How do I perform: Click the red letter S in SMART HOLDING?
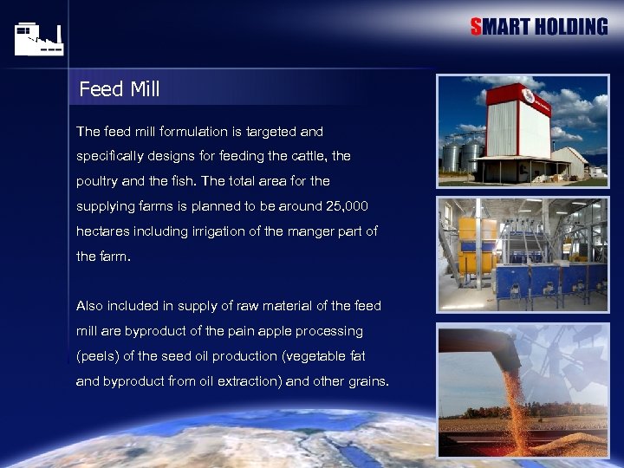(x=476, y=27)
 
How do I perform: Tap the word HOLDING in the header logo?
(x=571, y=27)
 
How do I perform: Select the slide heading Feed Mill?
(x=119, y=89)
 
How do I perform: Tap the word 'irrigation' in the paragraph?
(x=237, y=231)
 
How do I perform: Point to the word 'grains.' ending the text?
(x=367, y=381)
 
